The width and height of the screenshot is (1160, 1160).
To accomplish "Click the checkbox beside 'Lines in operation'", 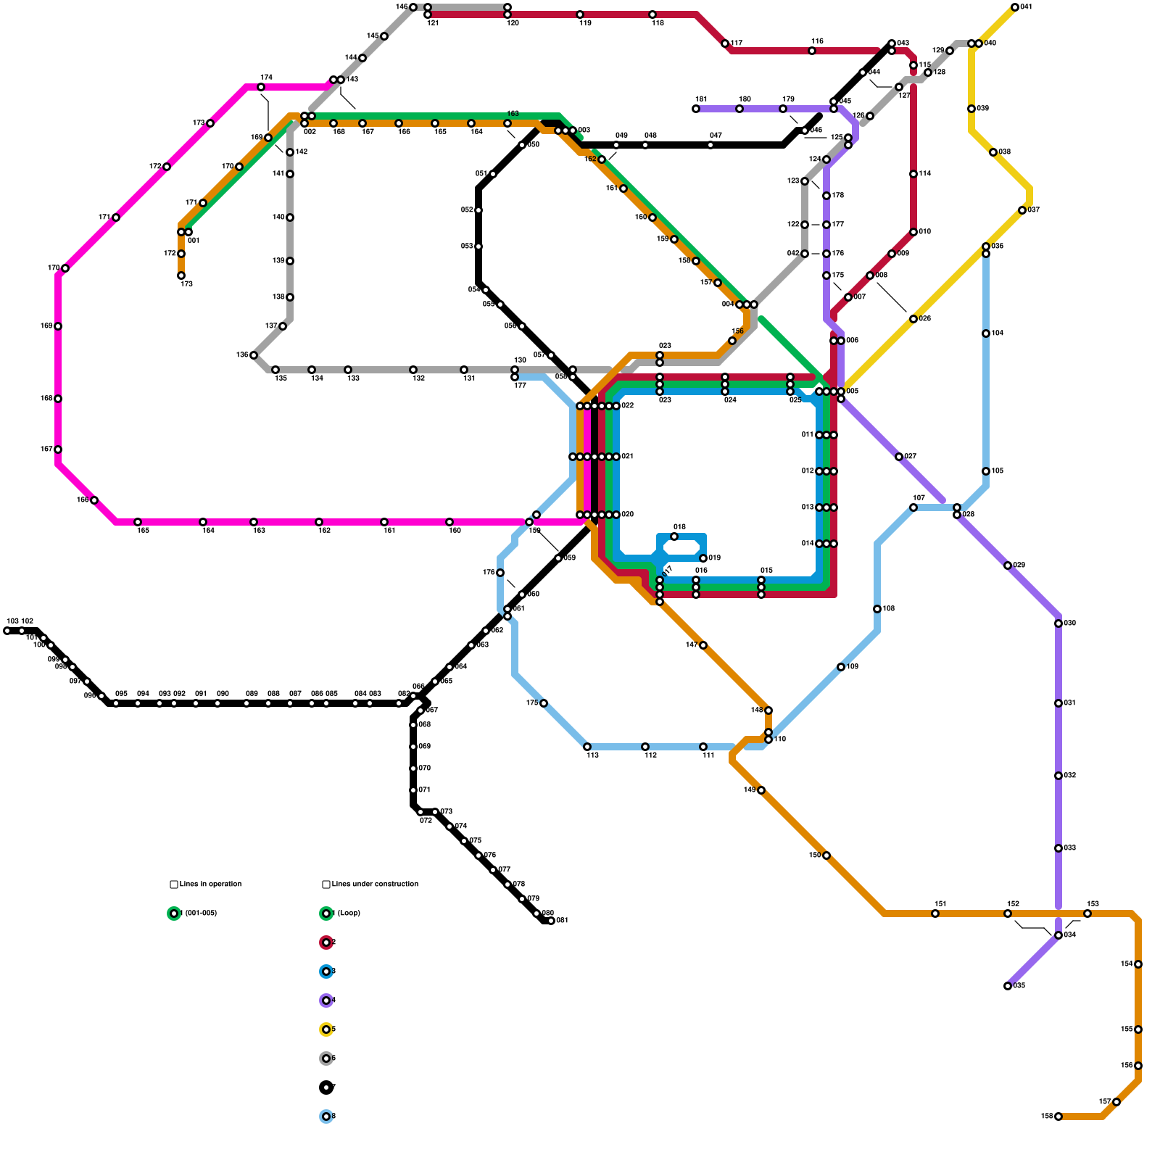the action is click(x=174, y=884).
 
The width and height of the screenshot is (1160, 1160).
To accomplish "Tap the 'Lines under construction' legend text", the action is click(x=375, y=884).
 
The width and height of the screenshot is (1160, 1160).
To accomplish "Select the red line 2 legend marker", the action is click(x=326, y=942).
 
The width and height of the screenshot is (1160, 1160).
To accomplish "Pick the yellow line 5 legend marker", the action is click(x=326, y=1029).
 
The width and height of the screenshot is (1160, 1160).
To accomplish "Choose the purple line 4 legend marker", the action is click(x=326, y=1000).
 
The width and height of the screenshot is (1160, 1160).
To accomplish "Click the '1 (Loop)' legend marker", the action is click(x=326, y=913).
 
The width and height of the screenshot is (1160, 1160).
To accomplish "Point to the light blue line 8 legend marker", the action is click(x=326, y=1116).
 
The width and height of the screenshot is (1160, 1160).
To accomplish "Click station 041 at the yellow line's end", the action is click(x=1015, y=7).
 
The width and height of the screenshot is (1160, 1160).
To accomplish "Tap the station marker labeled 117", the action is click(x=725, y=43).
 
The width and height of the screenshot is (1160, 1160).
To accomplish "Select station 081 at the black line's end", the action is click(x=551, y=921).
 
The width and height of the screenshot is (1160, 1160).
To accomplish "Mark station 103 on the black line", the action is click(x=7, y=631).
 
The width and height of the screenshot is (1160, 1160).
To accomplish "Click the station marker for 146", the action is click(x=413, y=7).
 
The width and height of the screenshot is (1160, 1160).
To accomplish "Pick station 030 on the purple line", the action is click(x=1058, y=623).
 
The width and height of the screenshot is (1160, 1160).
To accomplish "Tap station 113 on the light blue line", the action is click(x=587, y=747).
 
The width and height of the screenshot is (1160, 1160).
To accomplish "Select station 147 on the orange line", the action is click(x=703, y=645).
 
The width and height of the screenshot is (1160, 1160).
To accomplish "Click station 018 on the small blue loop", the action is click(x=674, y=536).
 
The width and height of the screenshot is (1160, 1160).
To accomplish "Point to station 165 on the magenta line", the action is click(x=94, y=500).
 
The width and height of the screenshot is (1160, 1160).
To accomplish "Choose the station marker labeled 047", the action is click(x=710, y=145).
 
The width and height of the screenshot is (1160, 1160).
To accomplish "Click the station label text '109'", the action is click(x=853, y=667).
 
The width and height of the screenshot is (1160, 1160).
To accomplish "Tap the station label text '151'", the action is click(x=940, y=904).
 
